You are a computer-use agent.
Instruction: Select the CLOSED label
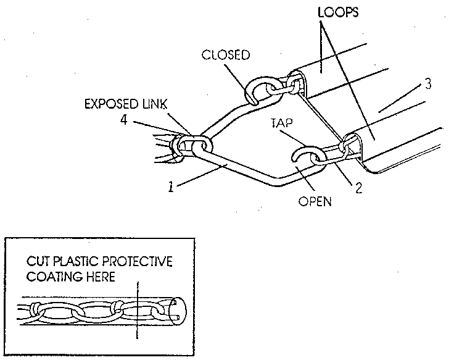coord(226,56)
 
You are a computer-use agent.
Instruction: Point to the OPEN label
coord(315,200)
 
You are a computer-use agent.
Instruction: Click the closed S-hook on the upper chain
coord(260,90)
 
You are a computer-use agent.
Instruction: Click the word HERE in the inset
coord(99,277)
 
